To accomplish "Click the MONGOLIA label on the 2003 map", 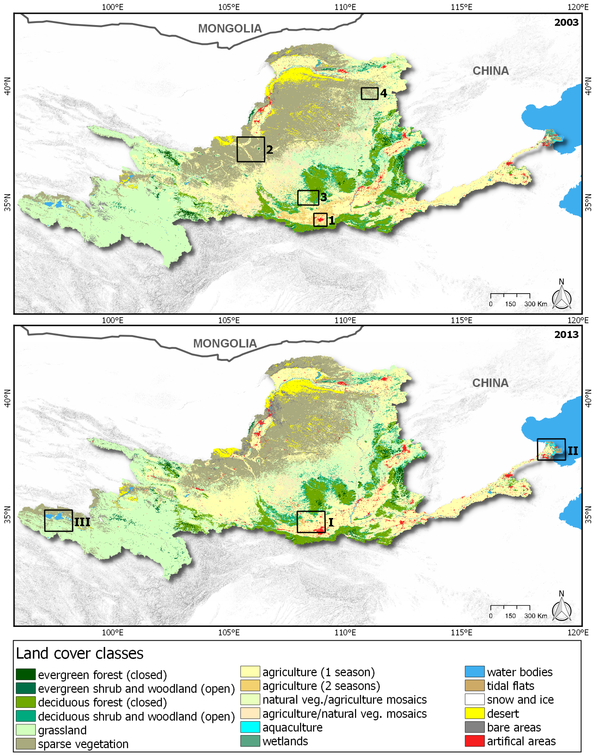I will [230, 28].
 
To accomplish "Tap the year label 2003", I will [566, 23].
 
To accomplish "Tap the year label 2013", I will [566, 335].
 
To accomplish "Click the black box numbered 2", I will [250, 149].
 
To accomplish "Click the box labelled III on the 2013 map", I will [59, 521].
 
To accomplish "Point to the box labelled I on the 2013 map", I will [311, 522].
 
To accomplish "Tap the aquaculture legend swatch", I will [250, 727].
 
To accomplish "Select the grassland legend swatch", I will [26, 730].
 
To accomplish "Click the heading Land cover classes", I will [80, 653].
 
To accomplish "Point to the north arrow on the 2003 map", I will [561, 296].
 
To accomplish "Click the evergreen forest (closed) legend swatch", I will [26, 675].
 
